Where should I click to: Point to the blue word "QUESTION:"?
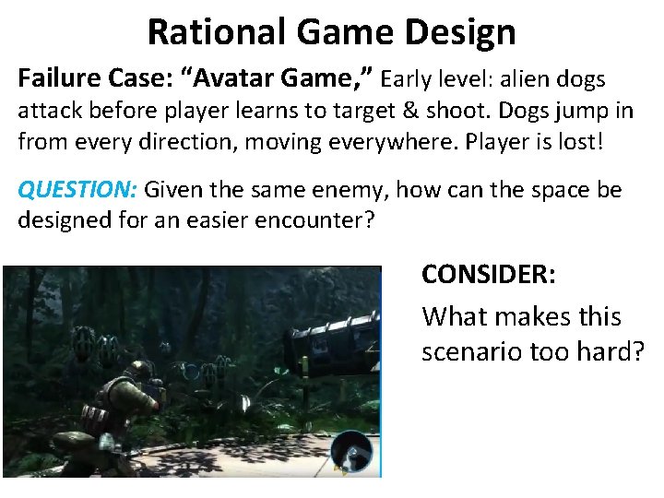point(78,191)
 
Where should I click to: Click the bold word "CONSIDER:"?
point(489,275)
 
